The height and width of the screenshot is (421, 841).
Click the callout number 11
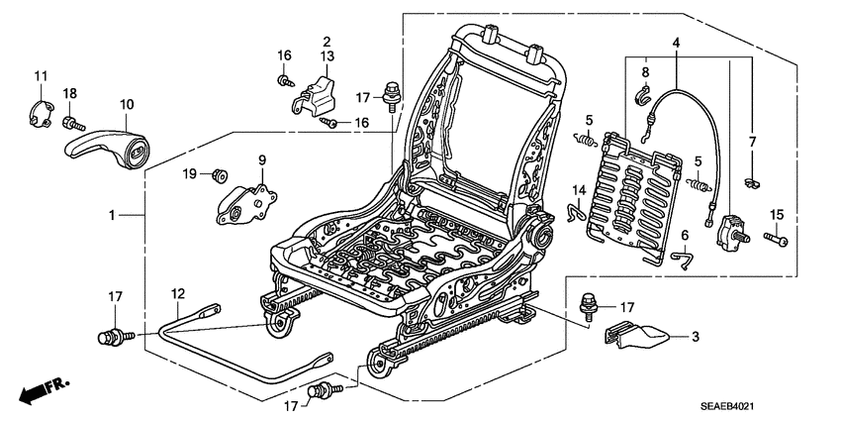41,77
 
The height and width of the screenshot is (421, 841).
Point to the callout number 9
263,160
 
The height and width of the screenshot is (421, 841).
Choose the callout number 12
178,293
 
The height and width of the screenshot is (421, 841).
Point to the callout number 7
752,143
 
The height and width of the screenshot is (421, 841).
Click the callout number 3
695,337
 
